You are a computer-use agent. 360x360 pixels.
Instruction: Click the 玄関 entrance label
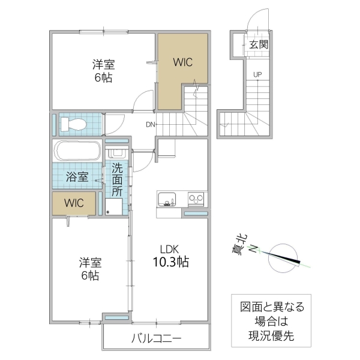pos(259,44)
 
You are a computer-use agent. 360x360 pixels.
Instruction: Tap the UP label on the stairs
pos(257,74)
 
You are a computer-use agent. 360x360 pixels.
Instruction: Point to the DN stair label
pos(151,125)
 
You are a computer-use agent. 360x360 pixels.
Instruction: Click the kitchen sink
pos(166,198)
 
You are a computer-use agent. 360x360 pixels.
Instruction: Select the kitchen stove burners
pos(197,198)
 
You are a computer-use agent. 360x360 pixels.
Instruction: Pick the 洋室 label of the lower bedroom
pos(90,262)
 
